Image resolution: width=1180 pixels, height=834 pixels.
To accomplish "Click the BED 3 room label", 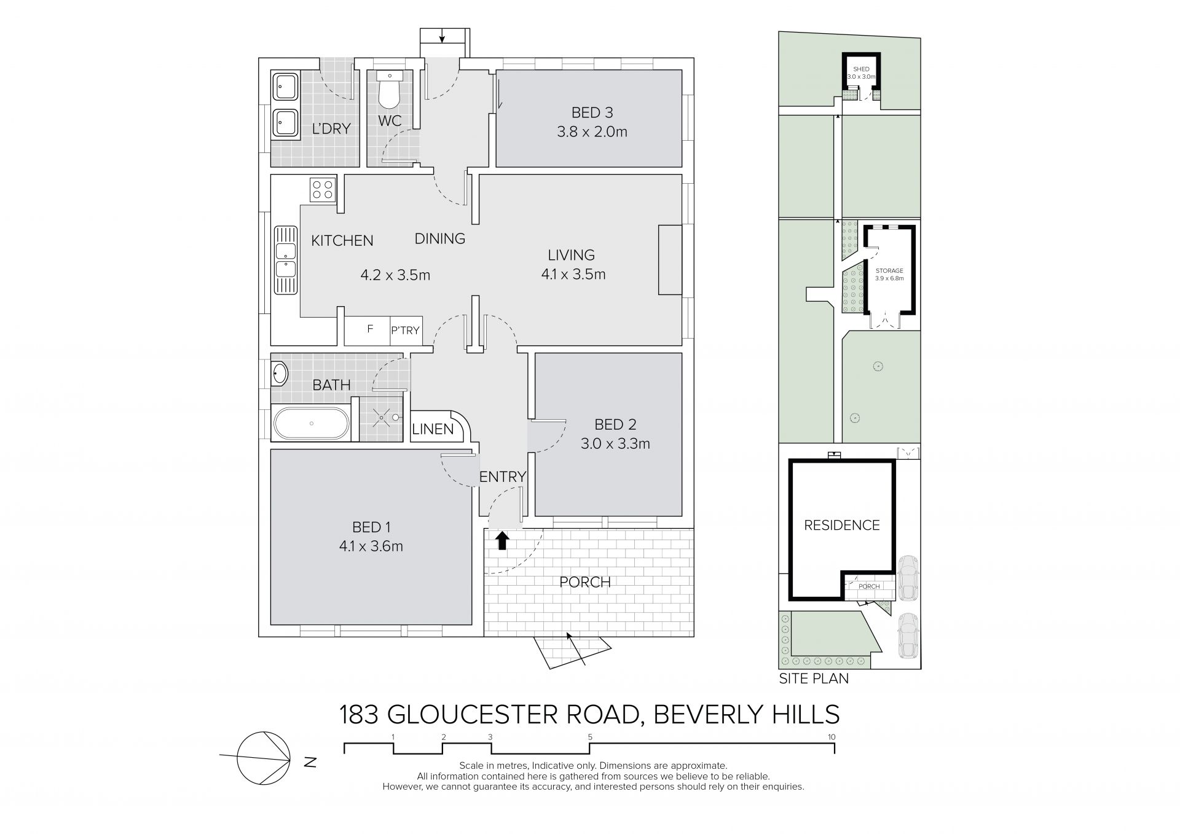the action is click(592, 113).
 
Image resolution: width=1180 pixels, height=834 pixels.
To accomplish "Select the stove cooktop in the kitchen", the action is click(323, 189).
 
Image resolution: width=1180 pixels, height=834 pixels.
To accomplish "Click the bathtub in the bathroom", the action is click(311, 423).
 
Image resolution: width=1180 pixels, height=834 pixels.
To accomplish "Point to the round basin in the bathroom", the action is click(280, 374).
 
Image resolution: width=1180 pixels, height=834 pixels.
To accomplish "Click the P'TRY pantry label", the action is click(405, 331).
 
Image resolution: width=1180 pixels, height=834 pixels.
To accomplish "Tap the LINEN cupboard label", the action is click(433, 429).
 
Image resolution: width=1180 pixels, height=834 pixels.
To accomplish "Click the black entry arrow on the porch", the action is click(502, 540).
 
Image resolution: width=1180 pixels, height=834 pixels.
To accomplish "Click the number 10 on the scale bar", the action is click(832, 737).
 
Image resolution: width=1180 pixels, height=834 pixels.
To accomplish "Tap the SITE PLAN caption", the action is click(814, 679).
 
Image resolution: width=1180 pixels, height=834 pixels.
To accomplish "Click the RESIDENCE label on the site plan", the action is click(842, 525).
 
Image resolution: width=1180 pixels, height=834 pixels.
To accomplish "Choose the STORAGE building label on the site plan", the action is click(889, 270).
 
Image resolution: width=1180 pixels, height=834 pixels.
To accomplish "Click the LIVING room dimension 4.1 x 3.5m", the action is click(573, 275).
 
